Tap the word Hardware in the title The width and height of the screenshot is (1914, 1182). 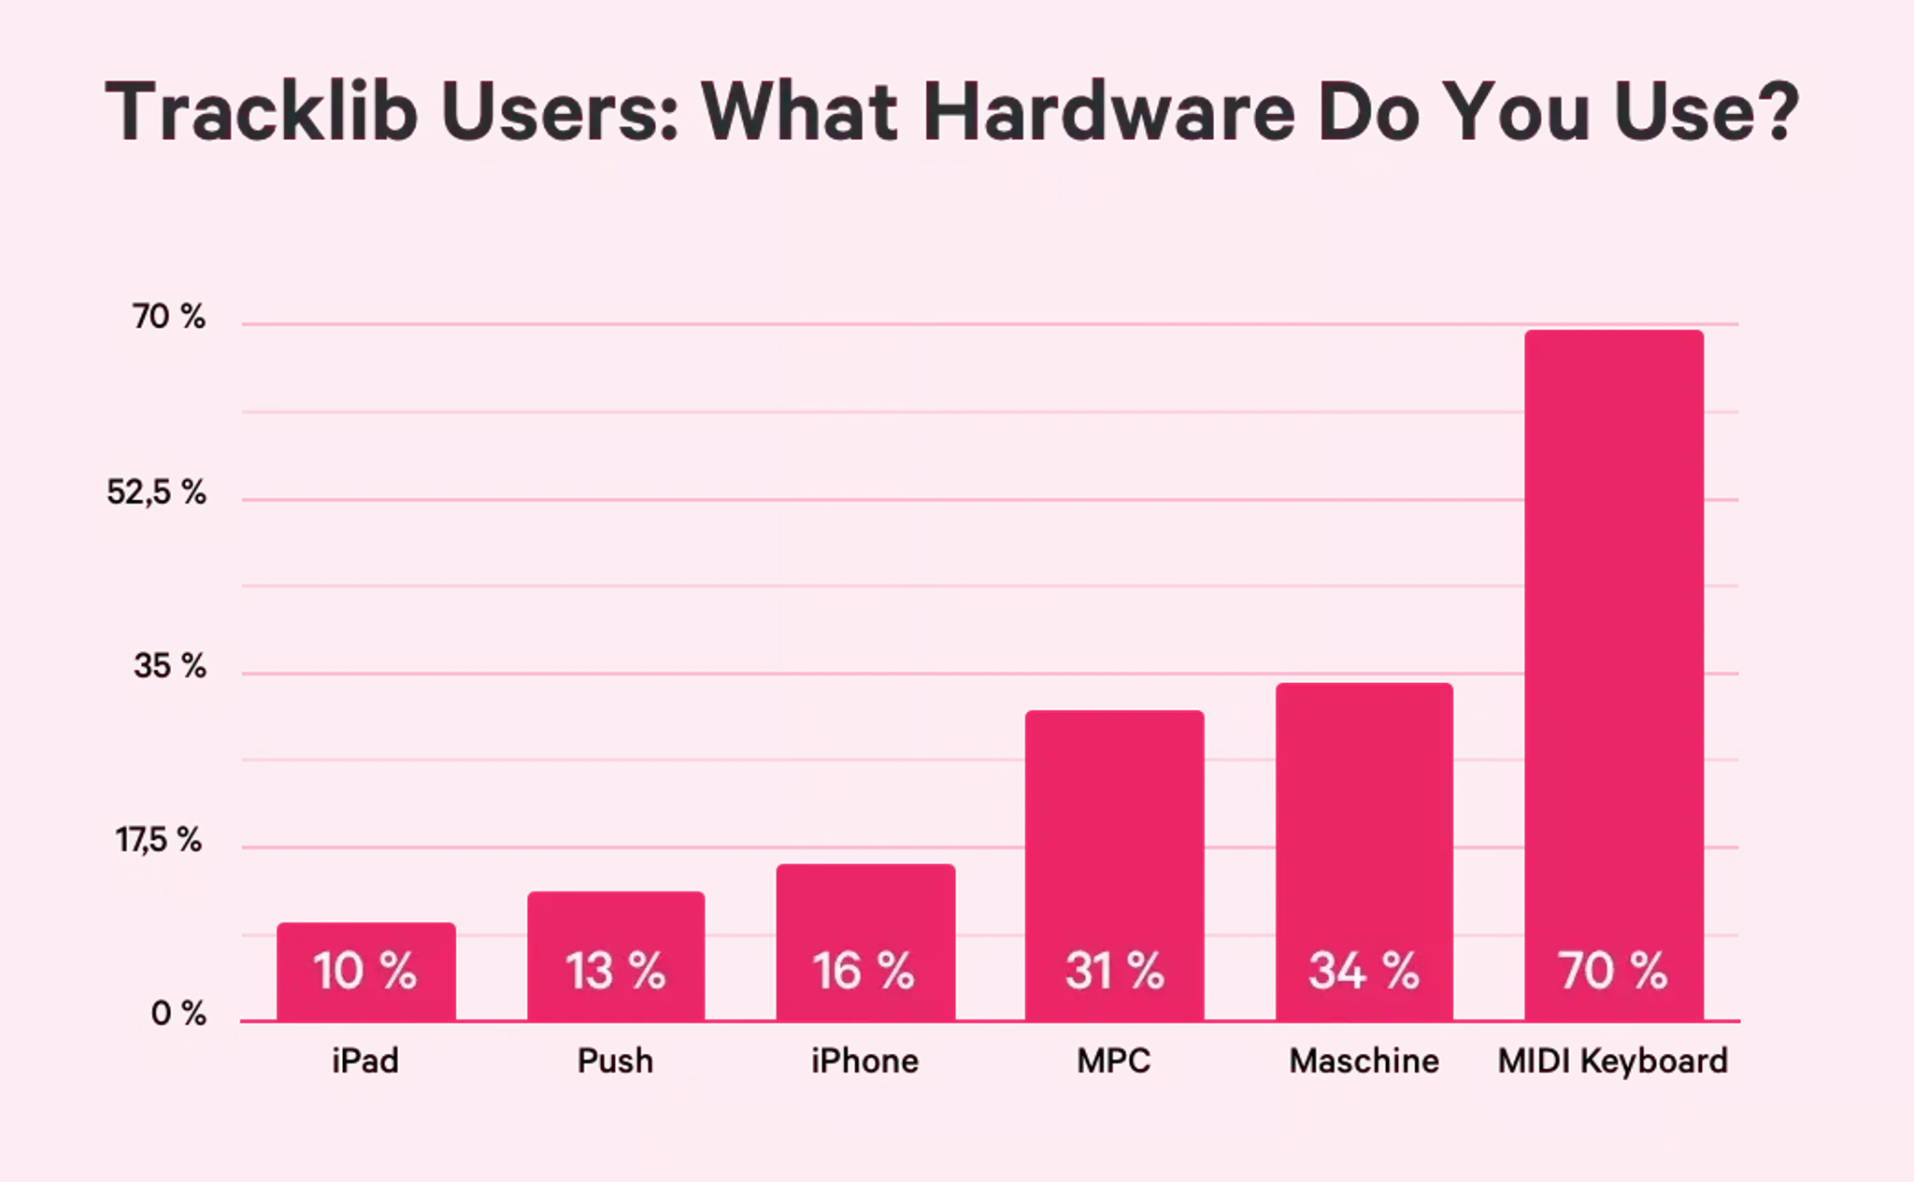[x=1109, y=112]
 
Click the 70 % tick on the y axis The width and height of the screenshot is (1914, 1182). [x=168, y=317]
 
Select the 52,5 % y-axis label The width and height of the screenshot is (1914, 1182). [x=156, y=491]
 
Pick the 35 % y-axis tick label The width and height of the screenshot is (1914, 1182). [x=169, y=666]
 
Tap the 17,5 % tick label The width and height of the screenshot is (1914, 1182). [x=158, y=840]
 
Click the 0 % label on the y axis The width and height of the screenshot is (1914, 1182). [x=178, y=1014]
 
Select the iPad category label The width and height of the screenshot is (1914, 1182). [x=365, y=1061]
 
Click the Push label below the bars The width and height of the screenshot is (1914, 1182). [x=615, y=1061]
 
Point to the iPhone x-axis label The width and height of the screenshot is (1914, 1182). [x=864, y=1061]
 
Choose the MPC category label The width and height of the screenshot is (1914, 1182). [x=1114, y=1061]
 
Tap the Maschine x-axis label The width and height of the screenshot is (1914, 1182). [x=1364, y=1061]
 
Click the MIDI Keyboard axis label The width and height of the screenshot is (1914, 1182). [x=1613, y=1061]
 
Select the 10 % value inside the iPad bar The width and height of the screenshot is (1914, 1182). [x=364, y=971]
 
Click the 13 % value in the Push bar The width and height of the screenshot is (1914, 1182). [x=615, y=971]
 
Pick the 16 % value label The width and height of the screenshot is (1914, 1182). [x=864, y=971]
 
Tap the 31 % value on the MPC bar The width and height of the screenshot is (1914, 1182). [x=1114, y=971]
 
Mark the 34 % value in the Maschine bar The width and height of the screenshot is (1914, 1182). [x=1364, y=971]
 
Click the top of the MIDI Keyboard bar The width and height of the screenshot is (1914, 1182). [x=1614, y=331]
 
